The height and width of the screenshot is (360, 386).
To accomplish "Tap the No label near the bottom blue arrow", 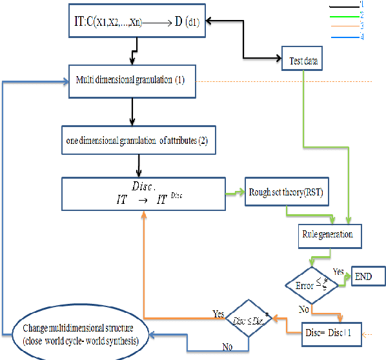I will (228, 346).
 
